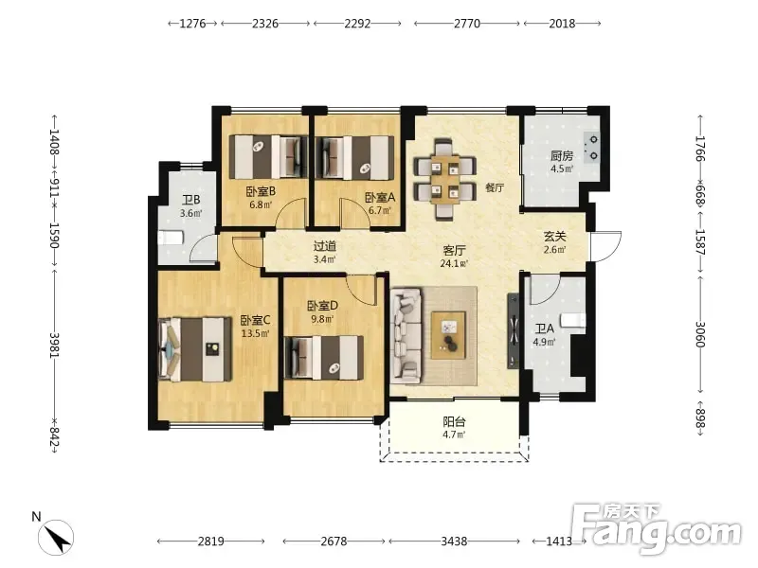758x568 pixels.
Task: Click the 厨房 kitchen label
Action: pos(562,155)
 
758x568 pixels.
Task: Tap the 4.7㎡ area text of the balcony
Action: pos(454,435)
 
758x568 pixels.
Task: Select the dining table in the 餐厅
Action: pos(445,179)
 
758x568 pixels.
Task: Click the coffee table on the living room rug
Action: pos(448,335)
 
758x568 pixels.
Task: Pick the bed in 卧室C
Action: pos(195,348)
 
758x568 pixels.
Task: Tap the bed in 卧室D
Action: pos(324,358)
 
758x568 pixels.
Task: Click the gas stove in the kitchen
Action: pos(591,148)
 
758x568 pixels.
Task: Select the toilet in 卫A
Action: pos(573,320)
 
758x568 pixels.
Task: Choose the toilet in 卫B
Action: pos(171,239)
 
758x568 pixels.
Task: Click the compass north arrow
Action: pos(57,538)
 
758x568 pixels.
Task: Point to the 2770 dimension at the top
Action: pos(467,23)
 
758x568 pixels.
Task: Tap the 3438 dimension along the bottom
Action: pos(454,541)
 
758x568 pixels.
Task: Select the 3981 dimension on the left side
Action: pos(54,346)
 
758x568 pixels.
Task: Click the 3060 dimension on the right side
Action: pos(700,334)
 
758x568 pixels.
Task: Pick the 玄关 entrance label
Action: pos(555,236)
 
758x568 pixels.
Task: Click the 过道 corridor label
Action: pos(324,246)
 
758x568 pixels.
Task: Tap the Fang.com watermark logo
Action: pos(656,529)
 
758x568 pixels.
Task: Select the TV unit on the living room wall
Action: pos(514,331)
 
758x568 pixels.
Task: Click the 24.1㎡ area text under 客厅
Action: pos(454,264)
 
